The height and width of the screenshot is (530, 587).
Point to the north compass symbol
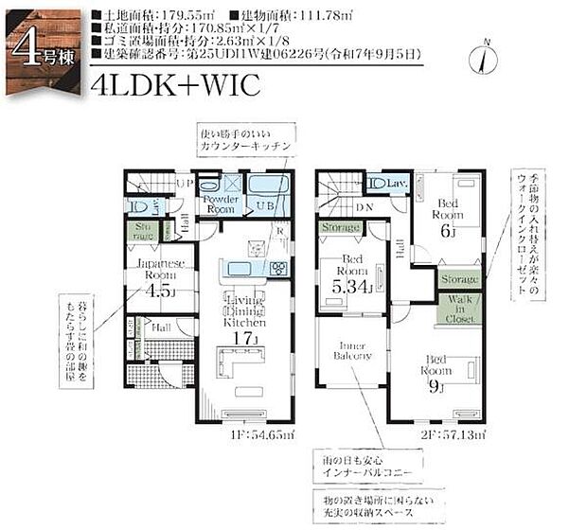pos(486,56)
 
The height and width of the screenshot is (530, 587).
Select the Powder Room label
pos(216,205)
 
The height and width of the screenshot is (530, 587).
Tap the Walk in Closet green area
pos(460,309)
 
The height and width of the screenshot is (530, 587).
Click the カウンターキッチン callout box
pos(243,141)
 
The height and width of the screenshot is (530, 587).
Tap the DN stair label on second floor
pos(364,210)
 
